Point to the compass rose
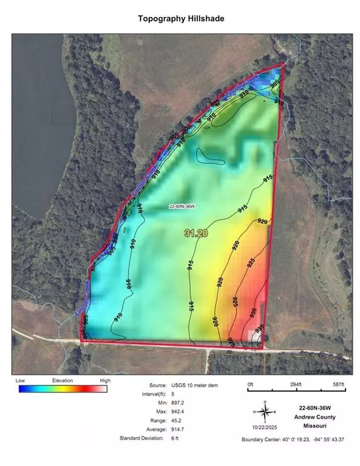pyautogui.click(x=265, y=412)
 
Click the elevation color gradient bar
pyautogui.click(x=63, y=389)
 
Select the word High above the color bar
pyautogui.click(x=105, y=380)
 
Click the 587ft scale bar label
pyautogui.click(x=337, y=385)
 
